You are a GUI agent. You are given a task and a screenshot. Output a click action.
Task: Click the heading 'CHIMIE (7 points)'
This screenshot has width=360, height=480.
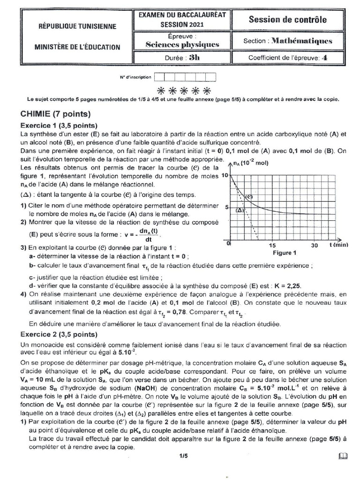tap(56, 114)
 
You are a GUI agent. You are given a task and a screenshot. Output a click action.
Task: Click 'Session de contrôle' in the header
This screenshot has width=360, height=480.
tap(288, 20)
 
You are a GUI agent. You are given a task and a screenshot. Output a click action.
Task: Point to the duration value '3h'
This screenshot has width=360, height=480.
tap(194, 58)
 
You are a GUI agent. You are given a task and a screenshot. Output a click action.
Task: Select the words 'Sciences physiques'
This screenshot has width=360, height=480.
tap(182, 44)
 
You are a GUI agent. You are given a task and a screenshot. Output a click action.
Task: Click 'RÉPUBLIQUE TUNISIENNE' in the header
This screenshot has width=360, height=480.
tap(77, 27)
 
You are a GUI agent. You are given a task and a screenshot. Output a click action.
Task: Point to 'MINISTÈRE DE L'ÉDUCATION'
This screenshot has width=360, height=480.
tap(77, 47)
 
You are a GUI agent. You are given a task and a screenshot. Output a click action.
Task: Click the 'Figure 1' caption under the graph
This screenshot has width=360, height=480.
tap(285, 253)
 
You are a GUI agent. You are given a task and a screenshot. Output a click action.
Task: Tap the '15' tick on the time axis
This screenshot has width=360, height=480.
tap(273, 246)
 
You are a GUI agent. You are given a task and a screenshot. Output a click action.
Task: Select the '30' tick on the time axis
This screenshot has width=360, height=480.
tap(314, 246)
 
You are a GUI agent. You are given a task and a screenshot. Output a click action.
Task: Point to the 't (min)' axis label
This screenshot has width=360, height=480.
tap(338, 245)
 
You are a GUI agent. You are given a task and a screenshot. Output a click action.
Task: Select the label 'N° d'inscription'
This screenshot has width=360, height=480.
tap(135, 77)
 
